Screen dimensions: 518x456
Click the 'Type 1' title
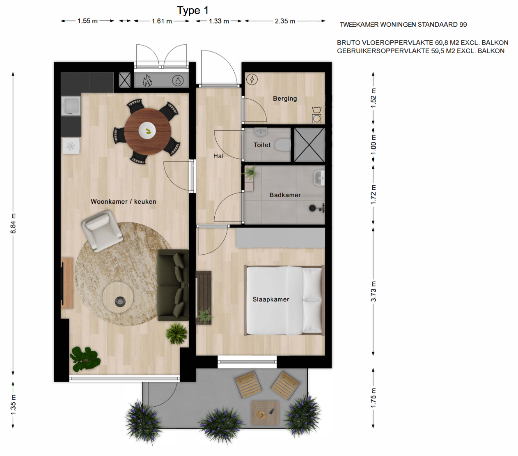coord(193,11)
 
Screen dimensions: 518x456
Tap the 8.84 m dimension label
coord(13,223)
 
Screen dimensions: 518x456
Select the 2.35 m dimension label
coord(285,21)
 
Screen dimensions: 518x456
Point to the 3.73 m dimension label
coord(373,291)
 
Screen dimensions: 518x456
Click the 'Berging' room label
coord(285,99)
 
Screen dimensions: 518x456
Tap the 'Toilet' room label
coord(262,145)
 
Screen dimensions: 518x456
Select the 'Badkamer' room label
coord(285,195)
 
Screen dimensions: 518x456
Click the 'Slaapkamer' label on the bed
coord(271,299)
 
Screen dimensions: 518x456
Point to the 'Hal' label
coord(218,156)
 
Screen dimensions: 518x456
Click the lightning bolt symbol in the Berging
coord(252,79)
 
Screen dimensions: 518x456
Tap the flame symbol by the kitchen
coord(147,81)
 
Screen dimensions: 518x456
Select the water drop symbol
coord(178,81)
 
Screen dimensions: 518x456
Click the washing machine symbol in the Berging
coord(317,118)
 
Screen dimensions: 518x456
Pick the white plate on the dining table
coord(147,131)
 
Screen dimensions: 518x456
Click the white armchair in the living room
coord(102,230)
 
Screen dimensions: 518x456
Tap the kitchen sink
coord(71,106)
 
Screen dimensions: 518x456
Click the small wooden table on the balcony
coord(265,413)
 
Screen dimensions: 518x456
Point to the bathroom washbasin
coord(319,177)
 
